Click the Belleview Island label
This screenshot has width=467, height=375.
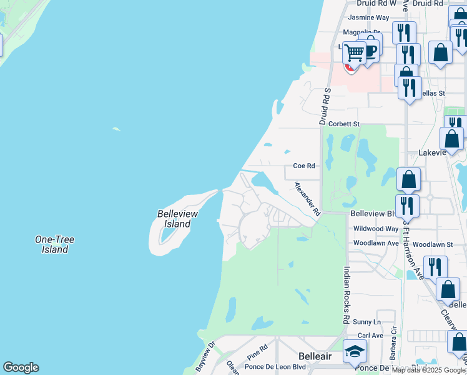click(177, 219)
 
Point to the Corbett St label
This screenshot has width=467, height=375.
click(344, 124)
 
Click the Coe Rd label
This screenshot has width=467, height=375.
click(304, 166)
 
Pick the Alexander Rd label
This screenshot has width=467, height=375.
click(307, 199)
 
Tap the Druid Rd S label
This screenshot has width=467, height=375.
click(325, 106)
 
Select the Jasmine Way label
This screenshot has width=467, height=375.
click(368, 17)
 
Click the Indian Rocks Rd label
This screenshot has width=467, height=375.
click(346, 295)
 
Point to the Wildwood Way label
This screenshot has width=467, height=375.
click(375, 229)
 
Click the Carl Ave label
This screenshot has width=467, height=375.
click(371, 336)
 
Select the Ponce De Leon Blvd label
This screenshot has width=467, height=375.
click(275, 367)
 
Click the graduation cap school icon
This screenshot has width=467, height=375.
click(354, 352)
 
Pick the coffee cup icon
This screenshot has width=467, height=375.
click(370, 50)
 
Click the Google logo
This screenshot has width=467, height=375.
click(21, 367)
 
